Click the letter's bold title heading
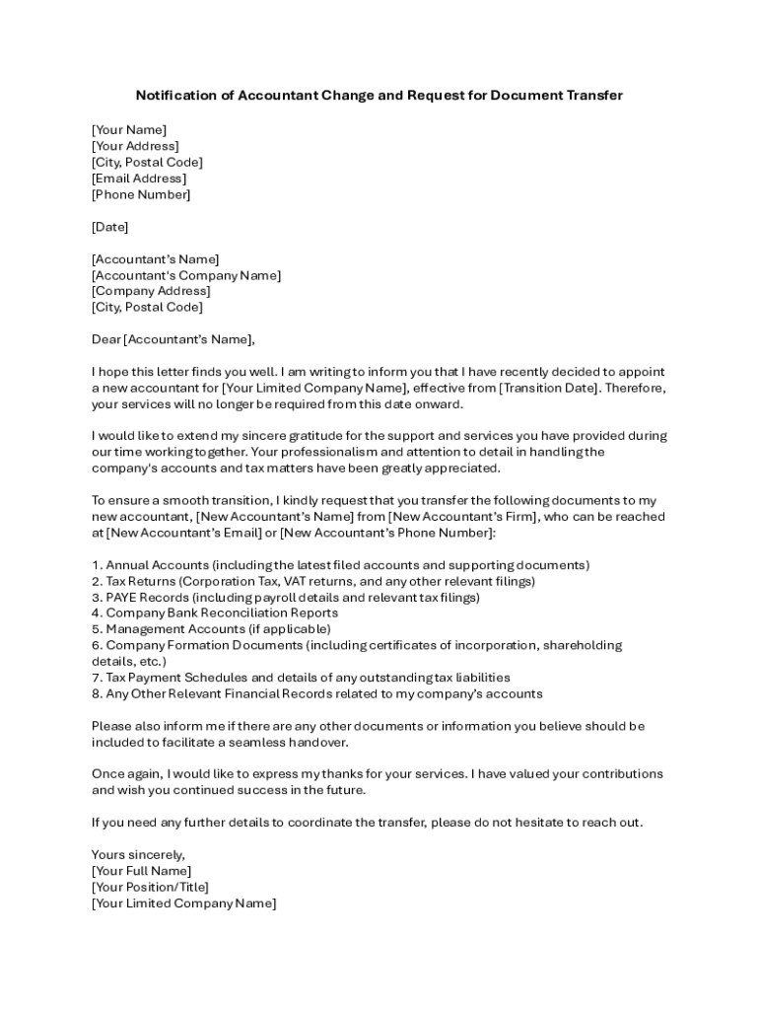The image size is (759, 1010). (x=379, y=96)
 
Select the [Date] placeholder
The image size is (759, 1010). (x=109, y=227)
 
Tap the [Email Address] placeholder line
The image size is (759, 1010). (x=139, y=179)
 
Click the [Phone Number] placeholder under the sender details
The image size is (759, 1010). (x=141, y=194)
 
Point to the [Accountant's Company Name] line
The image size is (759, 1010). (x=186, y=275)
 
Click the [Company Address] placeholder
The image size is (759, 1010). (x=151, y=291)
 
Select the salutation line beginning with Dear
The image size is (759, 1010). (x=172, y=340)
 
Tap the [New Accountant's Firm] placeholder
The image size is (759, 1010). (x=463, y=517)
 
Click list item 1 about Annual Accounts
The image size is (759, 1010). (x=340, y=565)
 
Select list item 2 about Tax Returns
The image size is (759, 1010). (x=313, y=582)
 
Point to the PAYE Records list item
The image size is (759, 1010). (x=286, y=598)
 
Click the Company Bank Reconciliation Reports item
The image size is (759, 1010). (x=215, y=613)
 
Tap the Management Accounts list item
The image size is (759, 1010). (x=211, y=629)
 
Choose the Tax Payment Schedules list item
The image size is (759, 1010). (x=301, y=678)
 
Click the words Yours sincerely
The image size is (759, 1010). (x=138, y=854)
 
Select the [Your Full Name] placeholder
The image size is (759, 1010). (x=142, y=871)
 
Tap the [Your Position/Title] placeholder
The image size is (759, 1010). (x=150, y=887)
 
